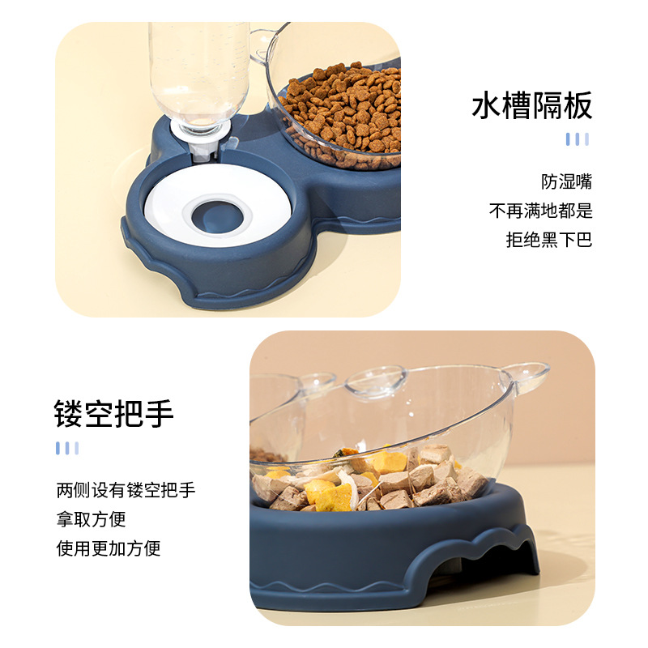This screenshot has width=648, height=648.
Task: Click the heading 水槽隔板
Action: [532, 106]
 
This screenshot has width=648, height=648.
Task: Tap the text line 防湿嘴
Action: [567, 182]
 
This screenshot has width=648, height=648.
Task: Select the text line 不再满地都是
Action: [540, 211]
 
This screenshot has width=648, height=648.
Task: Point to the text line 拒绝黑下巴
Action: [549, 241]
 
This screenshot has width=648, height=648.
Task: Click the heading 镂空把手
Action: [114, 413]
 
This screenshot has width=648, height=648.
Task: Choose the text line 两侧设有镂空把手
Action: [126, 490]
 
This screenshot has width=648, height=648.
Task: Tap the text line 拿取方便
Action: [91, 519]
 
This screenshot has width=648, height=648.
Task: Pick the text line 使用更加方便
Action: [109, 548]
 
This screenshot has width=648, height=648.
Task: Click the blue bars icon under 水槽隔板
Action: [577, 139]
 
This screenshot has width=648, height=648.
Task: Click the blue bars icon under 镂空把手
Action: [67, 448]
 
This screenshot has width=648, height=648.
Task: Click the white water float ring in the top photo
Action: [170, 202]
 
